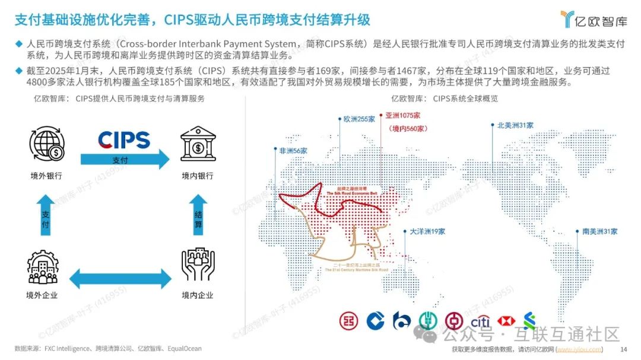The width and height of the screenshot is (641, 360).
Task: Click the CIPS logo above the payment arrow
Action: tap(123, 140)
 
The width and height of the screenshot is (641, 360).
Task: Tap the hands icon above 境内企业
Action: tap(198, 265)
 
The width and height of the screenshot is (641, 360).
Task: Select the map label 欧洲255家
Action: tap(359, 119)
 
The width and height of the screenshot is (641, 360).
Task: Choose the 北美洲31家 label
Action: tap(516, 125)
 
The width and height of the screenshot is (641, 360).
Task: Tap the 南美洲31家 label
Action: tap(599, 231)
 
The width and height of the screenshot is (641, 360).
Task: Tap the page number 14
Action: tap(623, 349)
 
